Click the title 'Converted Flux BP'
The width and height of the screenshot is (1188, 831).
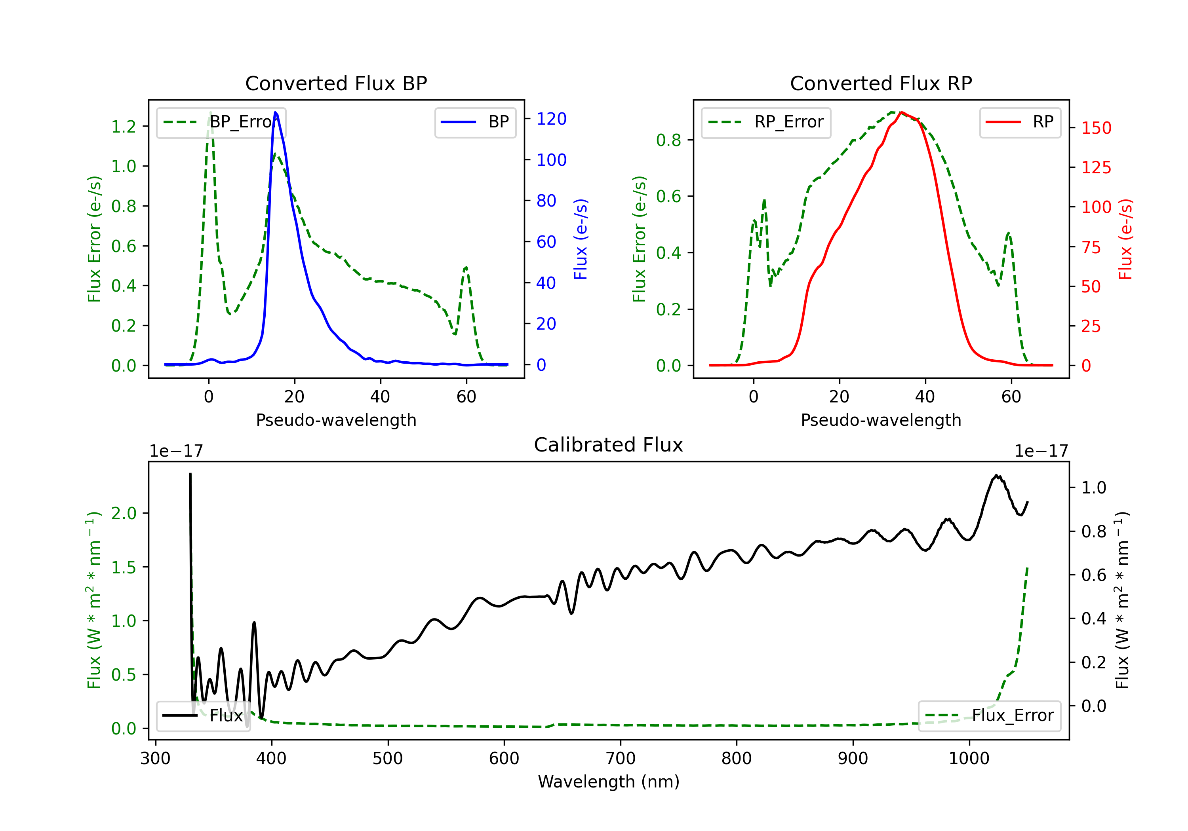coord(336,83)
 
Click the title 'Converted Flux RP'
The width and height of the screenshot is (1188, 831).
coord(881,83)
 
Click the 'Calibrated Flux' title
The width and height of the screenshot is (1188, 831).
coord(609,445)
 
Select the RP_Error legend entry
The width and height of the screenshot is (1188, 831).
coord(766,122)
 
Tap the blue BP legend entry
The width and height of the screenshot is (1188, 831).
coord(475,122)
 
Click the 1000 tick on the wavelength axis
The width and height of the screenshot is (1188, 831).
coord(969,759)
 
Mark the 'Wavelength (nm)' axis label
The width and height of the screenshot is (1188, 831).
coord(609,782)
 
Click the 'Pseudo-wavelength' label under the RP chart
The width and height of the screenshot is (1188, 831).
coord(881,420)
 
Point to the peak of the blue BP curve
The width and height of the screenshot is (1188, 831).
coord(275,112)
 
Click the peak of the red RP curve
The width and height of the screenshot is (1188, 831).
coord(901,112)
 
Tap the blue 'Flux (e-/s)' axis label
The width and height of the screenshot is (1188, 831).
coord(581,239)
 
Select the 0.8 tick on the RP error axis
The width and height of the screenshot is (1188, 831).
coord(668,140)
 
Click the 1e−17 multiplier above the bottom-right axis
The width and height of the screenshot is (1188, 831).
coord(1041,452)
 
